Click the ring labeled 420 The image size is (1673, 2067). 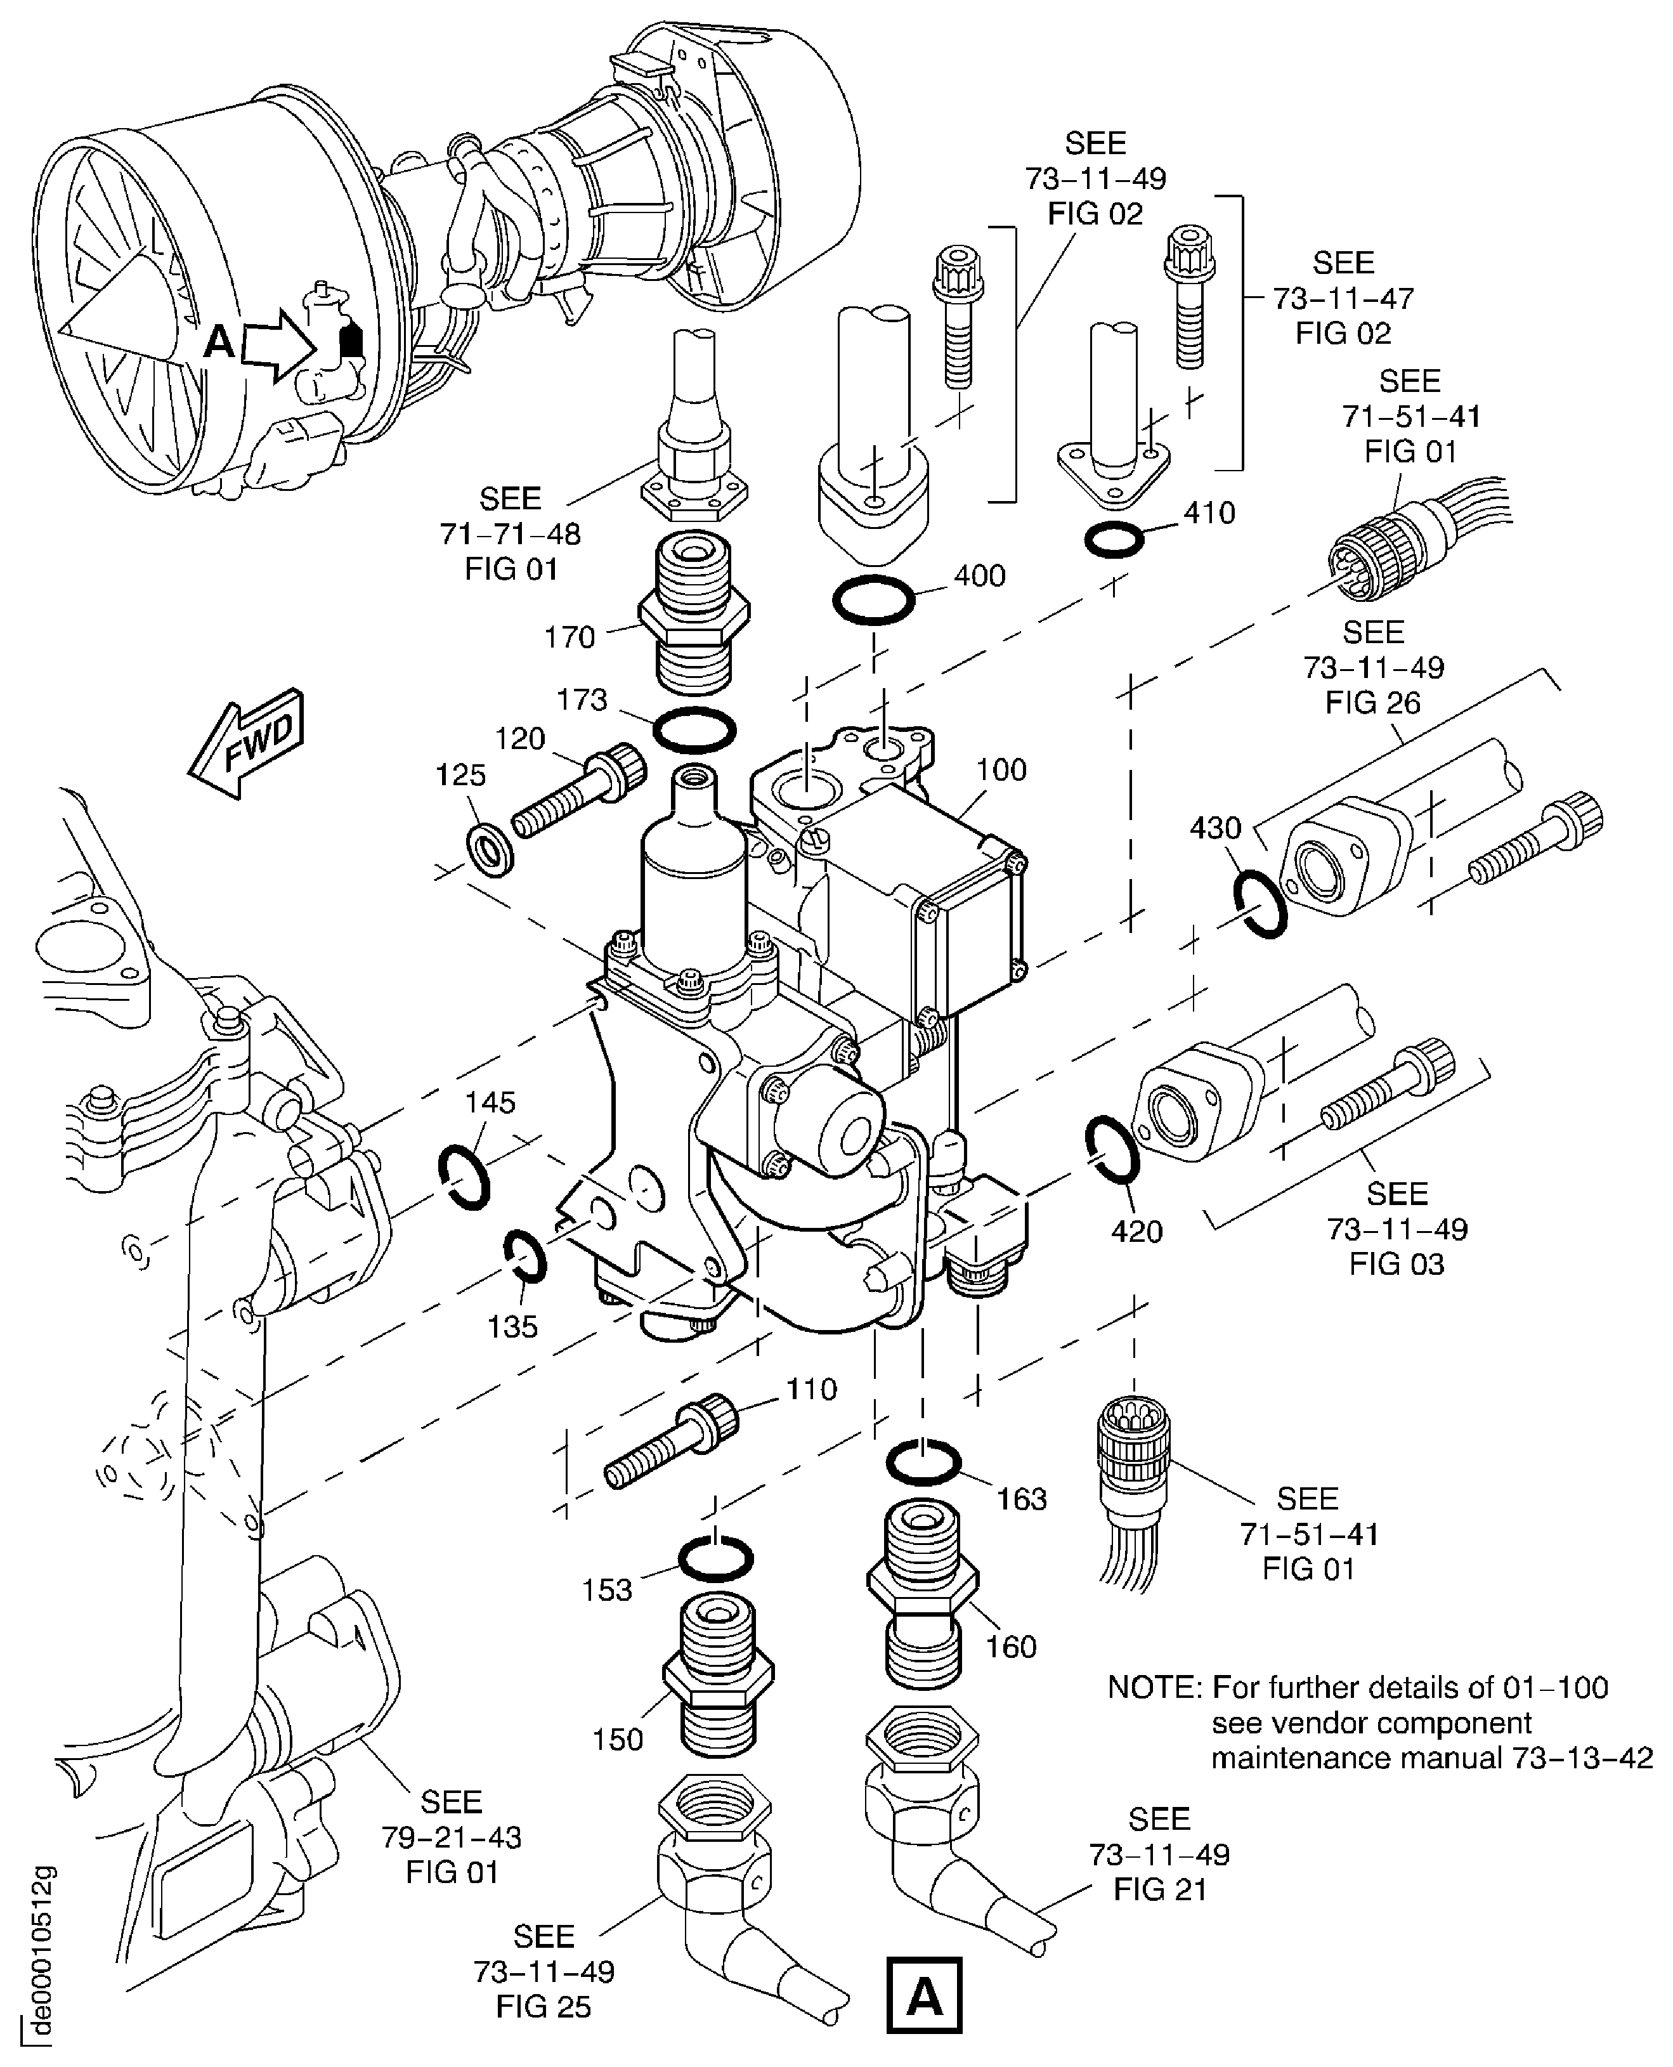(1113, 1149)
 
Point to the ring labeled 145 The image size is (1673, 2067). (464, 1177)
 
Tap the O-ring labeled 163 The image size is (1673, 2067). (923, 1463)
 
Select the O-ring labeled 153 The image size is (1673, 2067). (716, 1559)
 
